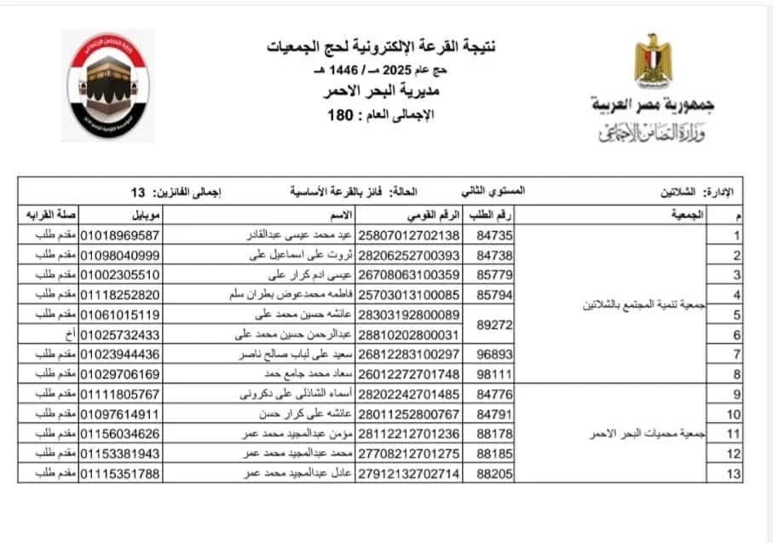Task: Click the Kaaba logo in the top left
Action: pos(107,85)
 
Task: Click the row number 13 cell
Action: pos(732,473)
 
